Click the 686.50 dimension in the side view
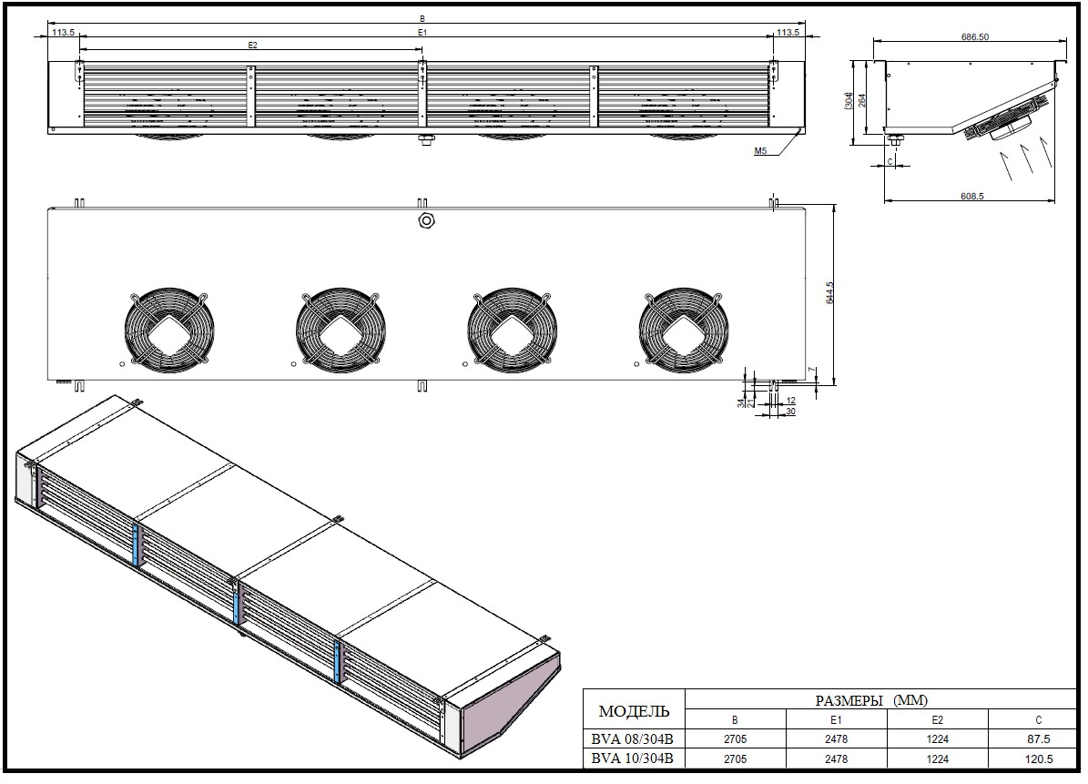coord(975,36)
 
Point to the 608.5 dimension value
coord(972,197)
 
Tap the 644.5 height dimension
coord(829,292)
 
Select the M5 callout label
coord(760,150)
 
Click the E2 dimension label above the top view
coord(252,46)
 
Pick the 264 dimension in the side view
coord(862,100)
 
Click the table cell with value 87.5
coord(1038,738)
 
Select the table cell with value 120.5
coord(1038,759)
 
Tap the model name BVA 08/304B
coord(632,738)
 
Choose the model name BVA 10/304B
coord(632,759)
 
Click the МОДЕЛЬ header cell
coord(634,711)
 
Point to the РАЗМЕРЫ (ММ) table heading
coord(871,700)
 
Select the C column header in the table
coord(1038,720)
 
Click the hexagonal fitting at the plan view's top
coord(426,220)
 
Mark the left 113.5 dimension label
coord(63,32)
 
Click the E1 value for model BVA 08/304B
coord(836,738)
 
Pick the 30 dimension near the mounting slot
coord(789,412)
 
